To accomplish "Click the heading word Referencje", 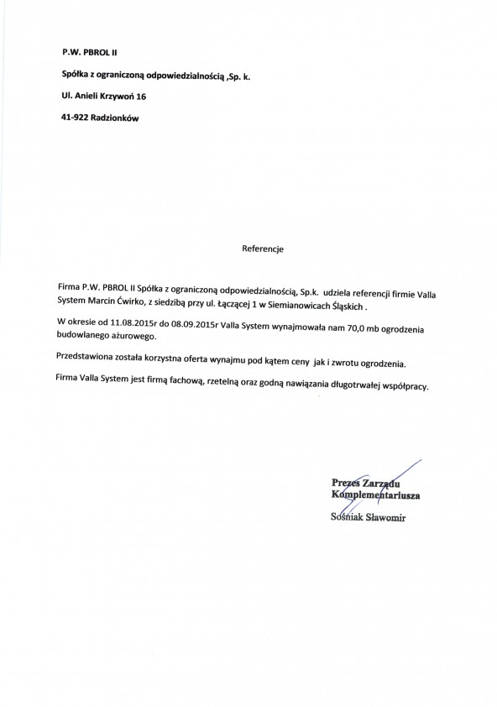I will click(x=264, y=249).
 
